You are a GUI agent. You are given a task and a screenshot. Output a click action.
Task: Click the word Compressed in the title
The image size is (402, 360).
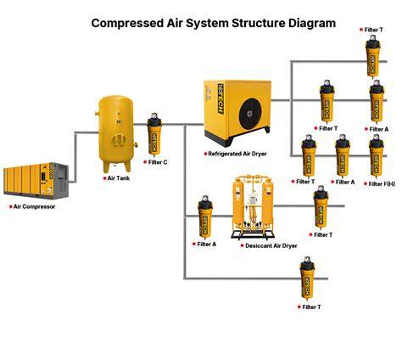tap(127, 23)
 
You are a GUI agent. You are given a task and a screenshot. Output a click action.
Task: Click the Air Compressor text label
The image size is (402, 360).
tap(34, 206)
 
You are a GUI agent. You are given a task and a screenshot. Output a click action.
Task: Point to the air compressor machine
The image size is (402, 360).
tap(36, 181)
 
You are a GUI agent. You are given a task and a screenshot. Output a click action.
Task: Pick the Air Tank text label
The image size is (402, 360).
tap(119, 178)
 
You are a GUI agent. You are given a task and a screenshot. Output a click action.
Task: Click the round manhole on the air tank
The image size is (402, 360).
tap(117, 141)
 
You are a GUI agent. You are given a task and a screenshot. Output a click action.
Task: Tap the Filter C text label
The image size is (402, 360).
tap(158, 162)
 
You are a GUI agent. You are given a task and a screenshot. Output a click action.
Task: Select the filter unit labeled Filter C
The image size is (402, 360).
tap(154, 135)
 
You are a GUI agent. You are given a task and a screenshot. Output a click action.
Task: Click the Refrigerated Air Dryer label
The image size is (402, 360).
tap(237, 154)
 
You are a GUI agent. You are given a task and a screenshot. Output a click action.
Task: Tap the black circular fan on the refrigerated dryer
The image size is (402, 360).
tap(251, 114)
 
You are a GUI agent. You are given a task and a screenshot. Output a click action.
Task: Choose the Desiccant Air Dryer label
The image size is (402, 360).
tap(271, 246)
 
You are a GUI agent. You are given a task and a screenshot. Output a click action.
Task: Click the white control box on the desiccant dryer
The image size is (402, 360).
tap(254, 200)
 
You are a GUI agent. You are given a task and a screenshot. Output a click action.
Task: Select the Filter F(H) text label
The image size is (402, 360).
tap(382, 184)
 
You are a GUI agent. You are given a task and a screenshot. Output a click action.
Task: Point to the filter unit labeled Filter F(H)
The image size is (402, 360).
tap(377, 156)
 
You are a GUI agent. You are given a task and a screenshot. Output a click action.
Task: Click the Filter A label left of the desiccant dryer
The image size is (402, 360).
tap(207, 245)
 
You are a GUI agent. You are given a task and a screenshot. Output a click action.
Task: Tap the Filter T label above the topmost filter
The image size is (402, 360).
tap(374, 30)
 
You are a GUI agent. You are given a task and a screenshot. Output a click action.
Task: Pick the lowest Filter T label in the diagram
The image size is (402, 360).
tap(311, 307)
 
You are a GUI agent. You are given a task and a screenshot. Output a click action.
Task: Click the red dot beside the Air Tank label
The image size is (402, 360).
tap(104, 178)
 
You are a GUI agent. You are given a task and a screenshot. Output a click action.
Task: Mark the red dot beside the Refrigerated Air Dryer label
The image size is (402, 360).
tap(205, 154)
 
